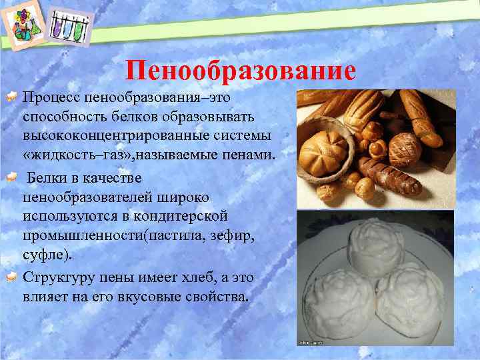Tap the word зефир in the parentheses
[x=214, y=237]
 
